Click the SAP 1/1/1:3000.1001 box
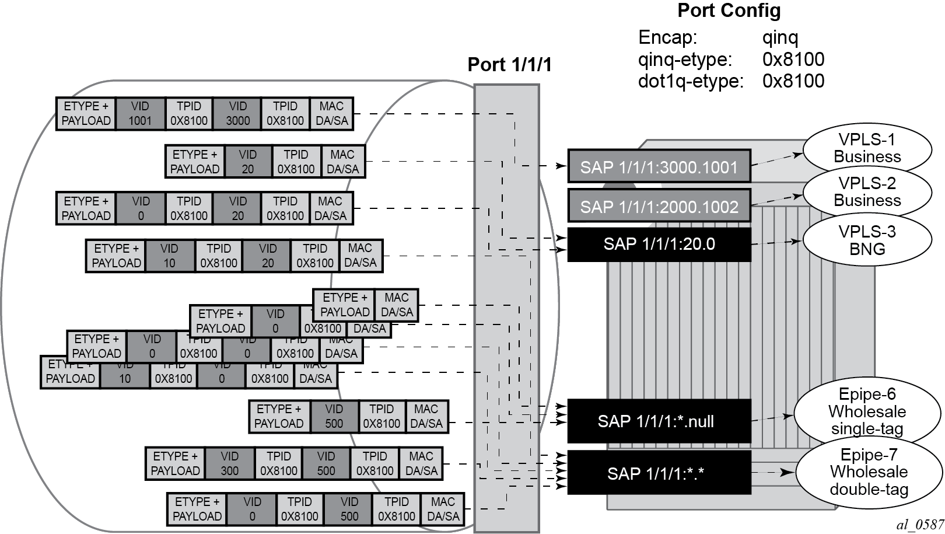click(659, 167)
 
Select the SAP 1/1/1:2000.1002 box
click(659, 206)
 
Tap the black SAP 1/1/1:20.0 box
click(659, 244)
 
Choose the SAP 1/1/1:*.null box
click(659, 421)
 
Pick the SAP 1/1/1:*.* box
click(659, 473)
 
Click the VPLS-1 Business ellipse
click(867, 148)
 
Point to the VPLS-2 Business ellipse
click(867, 192)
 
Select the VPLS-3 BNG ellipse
click(867, 240)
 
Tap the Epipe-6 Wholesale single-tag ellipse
click(867, 411)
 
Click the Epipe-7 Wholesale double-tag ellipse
click(869, 472)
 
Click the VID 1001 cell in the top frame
click(140, 114)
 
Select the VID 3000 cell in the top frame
click(237, 114)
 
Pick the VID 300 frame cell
click(229, 463)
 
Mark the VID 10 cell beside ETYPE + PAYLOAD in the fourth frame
click(169, 256)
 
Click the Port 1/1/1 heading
click(509, 65)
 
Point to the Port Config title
click(729, 11)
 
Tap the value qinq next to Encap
click(780, 37)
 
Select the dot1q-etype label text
click(691, 81)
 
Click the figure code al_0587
click(920, 525)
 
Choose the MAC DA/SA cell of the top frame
click(331, 114)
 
